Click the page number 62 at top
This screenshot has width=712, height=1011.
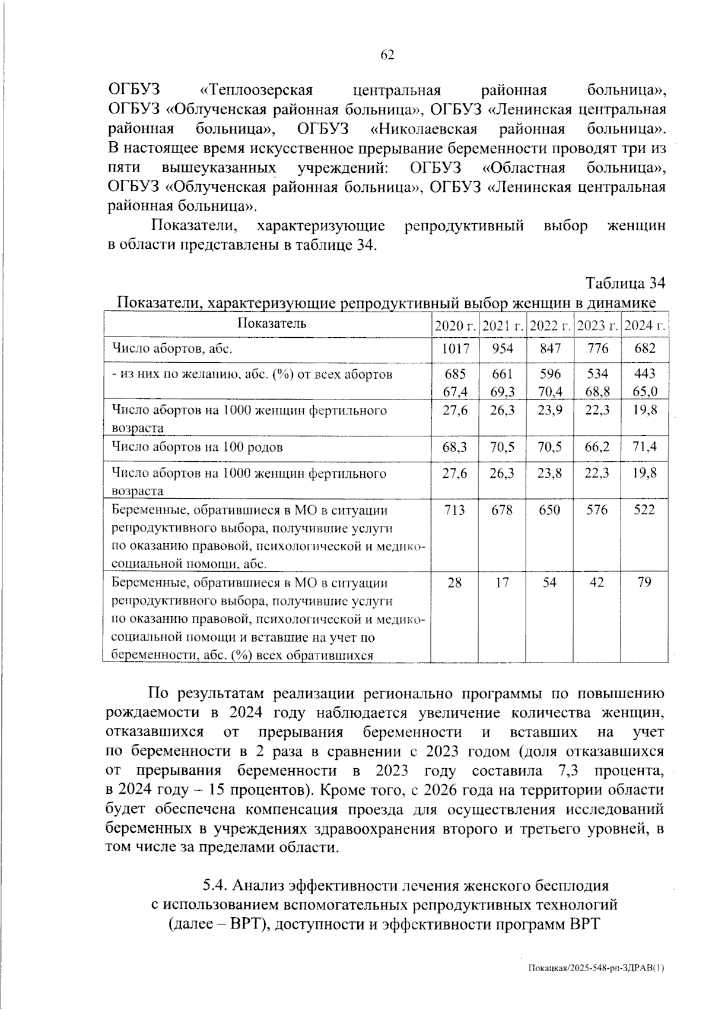coord(387,55)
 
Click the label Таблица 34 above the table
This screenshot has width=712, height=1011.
coord(625,283)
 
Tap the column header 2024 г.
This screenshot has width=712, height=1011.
coord(645,326)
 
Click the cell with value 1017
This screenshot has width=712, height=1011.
coord(455,349)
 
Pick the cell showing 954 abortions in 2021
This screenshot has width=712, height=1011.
coord(503,349)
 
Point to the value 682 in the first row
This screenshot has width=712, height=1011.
coord(645,349)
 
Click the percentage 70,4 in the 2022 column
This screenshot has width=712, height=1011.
coord(550,392)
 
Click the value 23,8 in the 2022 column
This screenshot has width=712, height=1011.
coord(550,474)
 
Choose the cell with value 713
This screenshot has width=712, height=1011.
coord(455,510)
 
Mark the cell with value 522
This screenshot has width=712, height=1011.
coord(645,510)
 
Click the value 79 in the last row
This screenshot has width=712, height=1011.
coord(645,583)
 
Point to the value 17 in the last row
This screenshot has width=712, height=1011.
coord(503,583)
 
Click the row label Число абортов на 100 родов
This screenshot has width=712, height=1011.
coord(198,447)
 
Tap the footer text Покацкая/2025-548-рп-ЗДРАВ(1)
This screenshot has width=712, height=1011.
coord(596,968)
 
